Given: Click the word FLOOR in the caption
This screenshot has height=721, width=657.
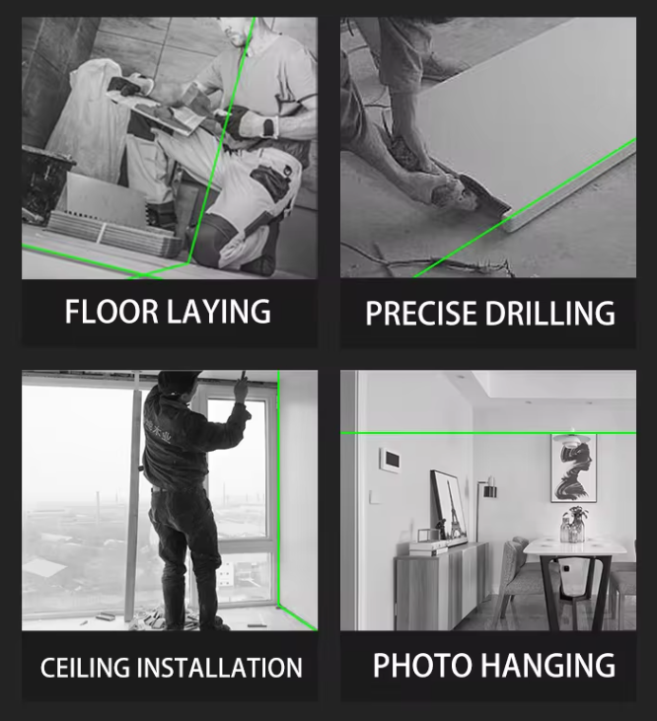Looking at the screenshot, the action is click(x=112, y=312).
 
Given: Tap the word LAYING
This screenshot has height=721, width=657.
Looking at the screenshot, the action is click(x=218, y=312).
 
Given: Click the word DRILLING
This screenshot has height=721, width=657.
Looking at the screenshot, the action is click(x=549, y=314).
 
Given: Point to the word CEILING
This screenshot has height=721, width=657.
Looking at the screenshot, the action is click(x=85, y=668).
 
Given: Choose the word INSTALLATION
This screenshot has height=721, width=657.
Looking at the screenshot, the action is click(x=220, y=668).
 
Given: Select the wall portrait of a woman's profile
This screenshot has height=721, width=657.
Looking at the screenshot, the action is click(x=574, y=469).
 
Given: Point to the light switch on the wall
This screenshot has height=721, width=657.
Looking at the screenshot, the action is click(x=375, y=496).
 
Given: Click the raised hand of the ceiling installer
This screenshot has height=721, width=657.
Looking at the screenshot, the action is click(x=241, y=388).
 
